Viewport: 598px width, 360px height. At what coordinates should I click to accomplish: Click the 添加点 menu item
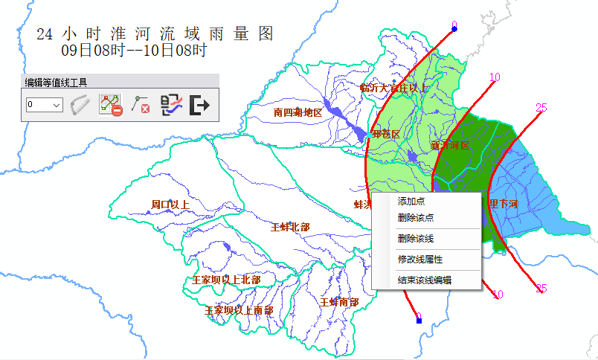(x=411, y=201)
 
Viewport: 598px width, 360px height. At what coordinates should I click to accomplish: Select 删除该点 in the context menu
(x=416, y=217)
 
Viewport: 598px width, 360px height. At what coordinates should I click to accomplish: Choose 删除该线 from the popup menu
(x=416, y=238)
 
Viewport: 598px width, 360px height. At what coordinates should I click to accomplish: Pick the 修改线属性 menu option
(x=420, y=259)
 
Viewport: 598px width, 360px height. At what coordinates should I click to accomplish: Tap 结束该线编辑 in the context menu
(x=425, y=280)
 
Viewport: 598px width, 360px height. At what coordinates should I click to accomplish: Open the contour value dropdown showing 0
(x=44, y=106)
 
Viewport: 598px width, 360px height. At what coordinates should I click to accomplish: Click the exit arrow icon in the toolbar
(x=200, y=106)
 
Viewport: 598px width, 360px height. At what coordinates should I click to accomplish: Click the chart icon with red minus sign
(x=111, y=106)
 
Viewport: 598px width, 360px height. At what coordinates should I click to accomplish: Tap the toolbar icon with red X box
(x=141, y=106)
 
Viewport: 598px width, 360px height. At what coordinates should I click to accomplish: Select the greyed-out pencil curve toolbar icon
(x=80, y=106)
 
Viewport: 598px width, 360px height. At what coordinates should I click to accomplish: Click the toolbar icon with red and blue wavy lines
(x=171, y=106)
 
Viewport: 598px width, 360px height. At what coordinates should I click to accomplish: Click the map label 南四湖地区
(x=298, y=112)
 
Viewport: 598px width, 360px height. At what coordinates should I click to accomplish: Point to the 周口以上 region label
(x=170, y=204)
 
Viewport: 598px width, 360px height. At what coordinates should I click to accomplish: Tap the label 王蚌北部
(x=290, y=226)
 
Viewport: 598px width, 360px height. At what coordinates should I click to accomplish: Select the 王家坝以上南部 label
(x=239, y=310)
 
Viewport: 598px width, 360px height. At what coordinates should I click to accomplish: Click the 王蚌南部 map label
(x=339, y=302)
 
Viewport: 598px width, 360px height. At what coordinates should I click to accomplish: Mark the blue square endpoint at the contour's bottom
(x=419, y=320)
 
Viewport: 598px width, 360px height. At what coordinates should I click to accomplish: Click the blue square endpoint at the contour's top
(x=454, y=29)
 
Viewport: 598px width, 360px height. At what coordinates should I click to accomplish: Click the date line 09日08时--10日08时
(x=134, y=51)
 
